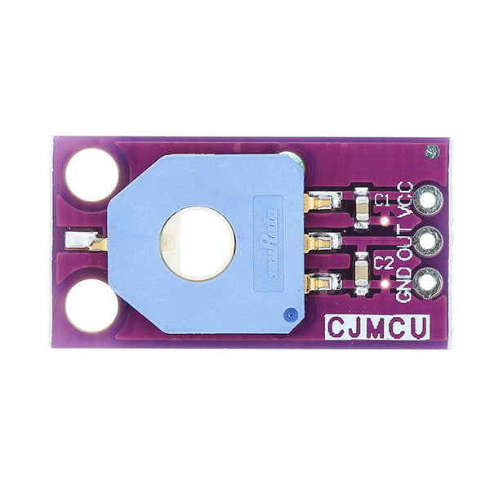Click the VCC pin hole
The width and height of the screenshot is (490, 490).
(x=426, y=199)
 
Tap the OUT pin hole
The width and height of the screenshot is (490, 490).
(x=426, y=241)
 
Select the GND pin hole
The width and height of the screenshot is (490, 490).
(x=426, y=283)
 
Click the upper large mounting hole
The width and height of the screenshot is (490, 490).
(x=91, y=175)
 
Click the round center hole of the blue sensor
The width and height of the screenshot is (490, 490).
(x=197, y=243)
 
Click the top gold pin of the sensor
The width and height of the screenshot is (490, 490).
(x=321, y=201)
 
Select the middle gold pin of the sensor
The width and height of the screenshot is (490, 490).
(x=321, y=242)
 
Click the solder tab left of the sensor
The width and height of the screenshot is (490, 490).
(x=85, y=242)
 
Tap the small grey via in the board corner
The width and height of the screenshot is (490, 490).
(x=432, y=152)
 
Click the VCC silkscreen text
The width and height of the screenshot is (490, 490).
(x=405, y=198)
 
